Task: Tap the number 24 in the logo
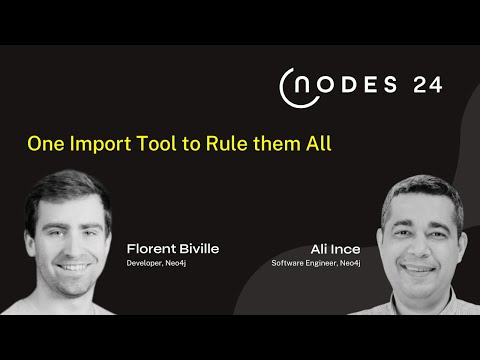[426, 86]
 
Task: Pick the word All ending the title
[315, 143]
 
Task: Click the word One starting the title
[44, 143]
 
